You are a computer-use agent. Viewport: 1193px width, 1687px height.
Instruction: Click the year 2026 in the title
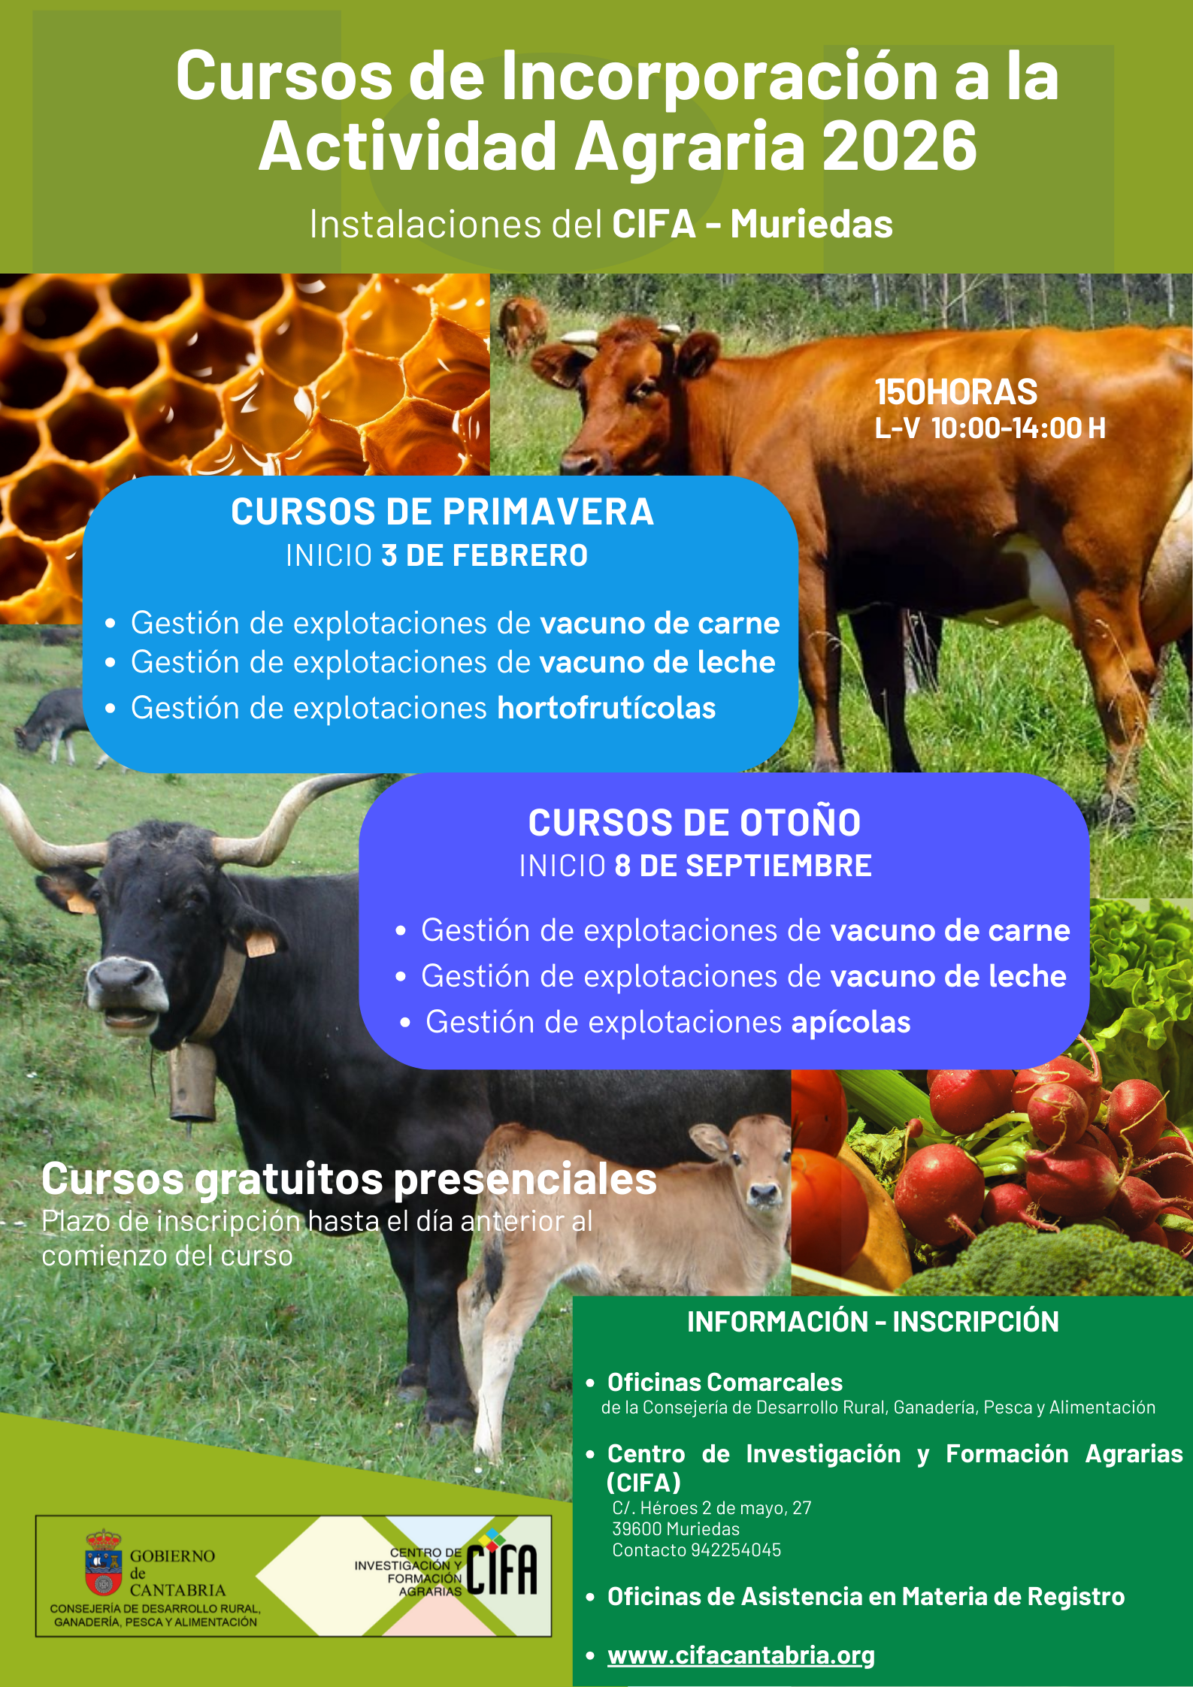[899, 146]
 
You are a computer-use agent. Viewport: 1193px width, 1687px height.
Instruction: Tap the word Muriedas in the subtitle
[812, 224]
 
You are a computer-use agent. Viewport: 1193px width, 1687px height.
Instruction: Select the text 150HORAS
[956, 392]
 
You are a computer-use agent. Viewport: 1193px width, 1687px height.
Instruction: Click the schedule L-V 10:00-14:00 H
[990, 428]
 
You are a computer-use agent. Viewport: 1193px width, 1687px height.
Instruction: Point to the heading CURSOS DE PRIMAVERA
[442, 512]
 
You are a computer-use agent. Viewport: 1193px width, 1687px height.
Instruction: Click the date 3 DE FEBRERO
[485, 556]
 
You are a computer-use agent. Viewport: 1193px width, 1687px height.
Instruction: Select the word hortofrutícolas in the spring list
[607, 708]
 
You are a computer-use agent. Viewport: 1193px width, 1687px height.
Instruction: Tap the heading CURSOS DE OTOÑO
[695, 821]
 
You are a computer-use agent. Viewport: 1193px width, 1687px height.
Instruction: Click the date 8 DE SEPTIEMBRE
[743, 866]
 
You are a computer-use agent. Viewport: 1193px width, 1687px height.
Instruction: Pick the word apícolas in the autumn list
[851, 1022]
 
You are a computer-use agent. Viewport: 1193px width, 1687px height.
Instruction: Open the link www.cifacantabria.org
[741, 1655]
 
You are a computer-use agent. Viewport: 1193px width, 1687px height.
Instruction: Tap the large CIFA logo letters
[501, 1569]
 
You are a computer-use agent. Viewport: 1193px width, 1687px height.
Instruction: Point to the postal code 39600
[637, 1528]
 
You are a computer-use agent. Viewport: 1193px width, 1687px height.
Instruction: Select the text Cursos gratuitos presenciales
[349, 1178]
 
